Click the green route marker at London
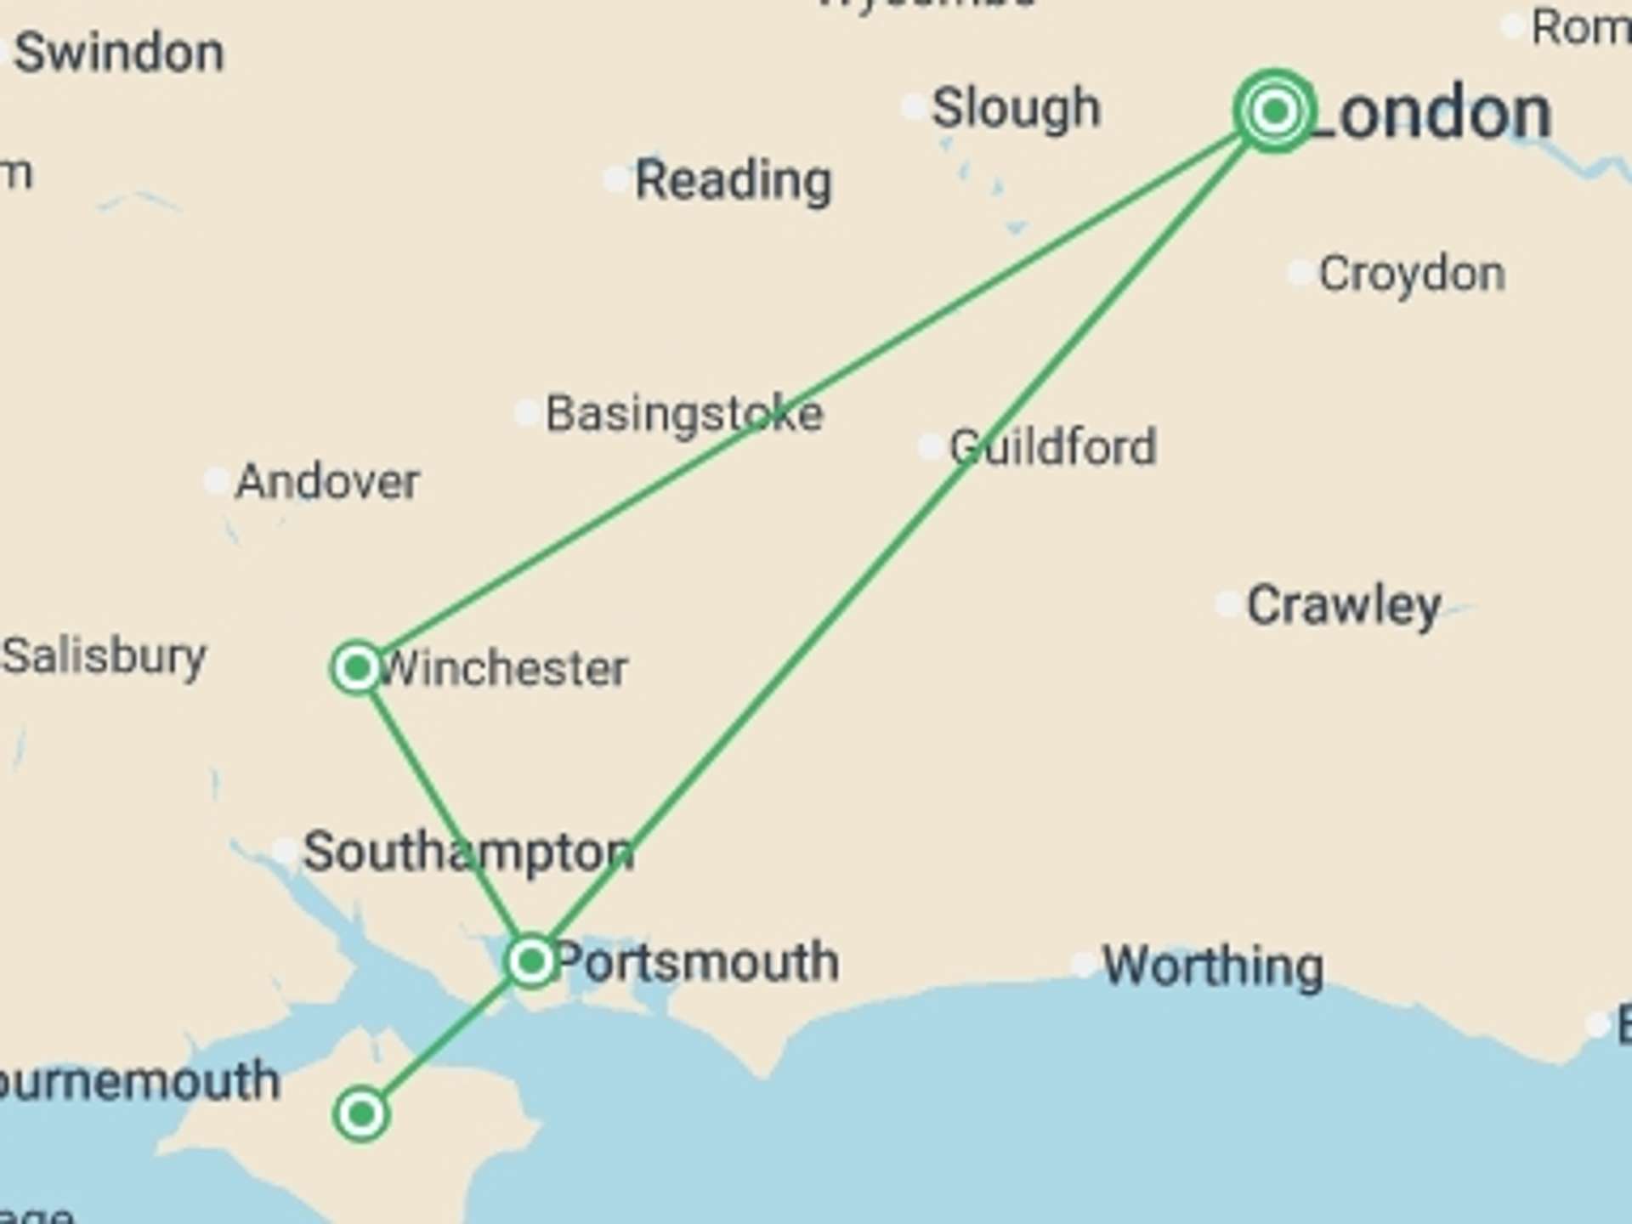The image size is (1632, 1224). coord(1273,110)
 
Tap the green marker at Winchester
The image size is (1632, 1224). coord(357,668)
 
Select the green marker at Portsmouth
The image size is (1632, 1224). coord(531,961)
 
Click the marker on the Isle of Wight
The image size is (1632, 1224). coord(362,1113)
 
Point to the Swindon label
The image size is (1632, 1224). coord(119,53)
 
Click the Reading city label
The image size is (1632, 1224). coord(734,180)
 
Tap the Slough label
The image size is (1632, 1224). coord(1016,109)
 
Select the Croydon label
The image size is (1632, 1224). coord(1412,274)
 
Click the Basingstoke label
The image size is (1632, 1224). coord(684,414)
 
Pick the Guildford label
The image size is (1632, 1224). coord(1053,447)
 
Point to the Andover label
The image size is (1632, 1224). coord(327,482)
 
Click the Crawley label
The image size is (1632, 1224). coord(1344,605)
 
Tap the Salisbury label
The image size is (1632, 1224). coord(104,656)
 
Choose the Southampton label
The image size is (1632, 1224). coord(468,852)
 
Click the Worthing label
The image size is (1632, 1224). coord(1213,966)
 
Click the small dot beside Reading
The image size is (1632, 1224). coord(615,179)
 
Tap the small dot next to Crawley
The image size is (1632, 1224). coord(1227,603)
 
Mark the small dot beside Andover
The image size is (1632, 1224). coord(216,481)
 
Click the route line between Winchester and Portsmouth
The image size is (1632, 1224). coord(442,812)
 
